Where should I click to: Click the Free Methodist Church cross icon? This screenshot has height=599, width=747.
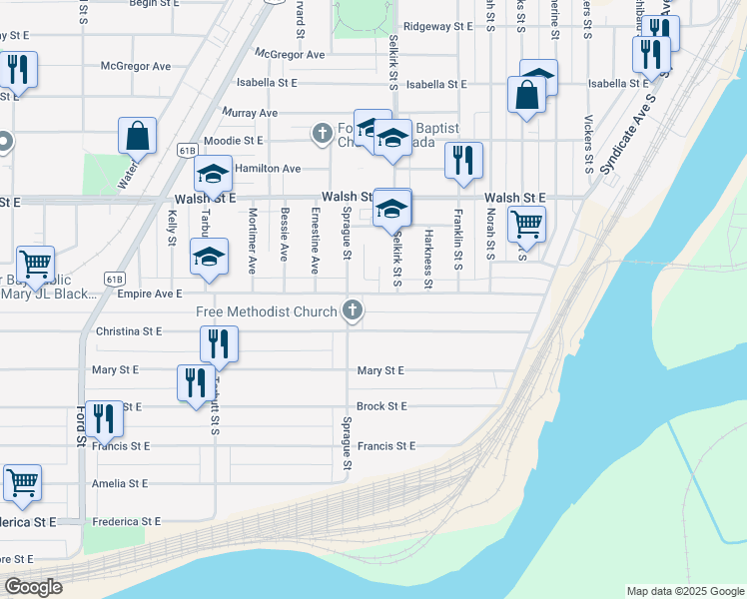click(x=352, y=311)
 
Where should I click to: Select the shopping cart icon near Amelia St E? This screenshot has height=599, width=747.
click(x=22, y=483)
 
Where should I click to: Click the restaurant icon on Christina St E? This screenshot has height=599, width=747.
click(x=218, y=344)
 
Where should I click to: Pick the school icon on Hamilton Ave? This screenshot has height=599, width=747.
click(x=213, y=175)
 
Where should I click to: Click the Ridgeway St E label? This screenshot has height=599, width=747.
click(x=437, y=27)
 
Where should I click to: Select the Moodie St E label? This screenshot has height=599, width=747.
click(x=233, y=141)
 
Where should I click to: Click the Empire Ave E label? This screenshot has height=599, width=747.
click(x=150, y=294)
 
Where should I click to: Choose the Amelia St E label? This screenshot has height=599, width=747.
click(x=119, y=483)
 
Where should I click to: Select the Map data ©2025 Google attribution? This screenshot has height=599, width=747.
click(x=684, y=591)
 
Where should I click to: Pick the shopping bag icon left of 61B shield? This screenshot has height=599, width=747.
click(x=138, y=136)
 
